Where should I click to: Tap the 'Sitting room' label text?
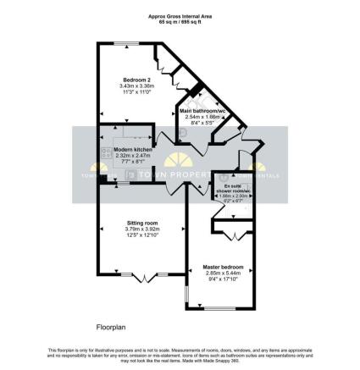[141, 222]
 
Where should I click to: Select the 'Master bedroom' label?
[223, 268]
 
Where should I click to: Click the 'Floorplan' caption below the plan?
[110, 324]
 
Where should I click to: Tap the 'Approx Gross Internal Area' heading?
[180, 16]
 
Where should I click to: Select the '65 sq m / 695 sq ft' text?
[180, 21]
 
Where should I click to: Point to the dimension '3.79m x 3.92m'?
[141, 229]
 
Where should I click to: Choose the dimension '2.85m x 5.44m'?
[223, 273]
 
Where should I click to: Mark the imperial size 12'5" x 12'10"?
[141, 235]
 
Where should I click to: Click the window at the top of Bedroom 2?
[129, 43]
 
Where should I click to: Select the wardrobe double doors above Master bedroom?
[236, 233]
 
